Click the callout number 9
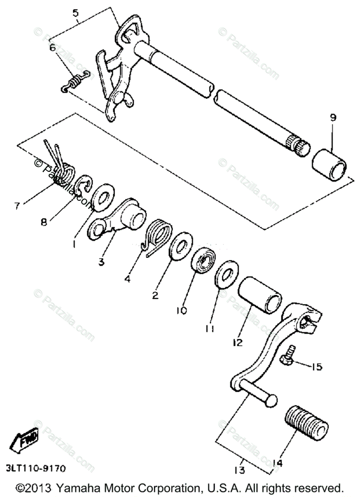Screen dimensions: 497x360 coord(333,118)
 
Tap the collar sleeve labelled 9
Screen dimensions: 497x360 coord(329,165)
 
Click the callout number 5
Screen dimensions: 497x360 coord(75,12)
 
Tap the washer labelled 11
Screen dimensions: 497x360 coord(227,273)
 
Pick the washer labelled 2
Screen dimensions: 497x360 coord(180,246)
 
